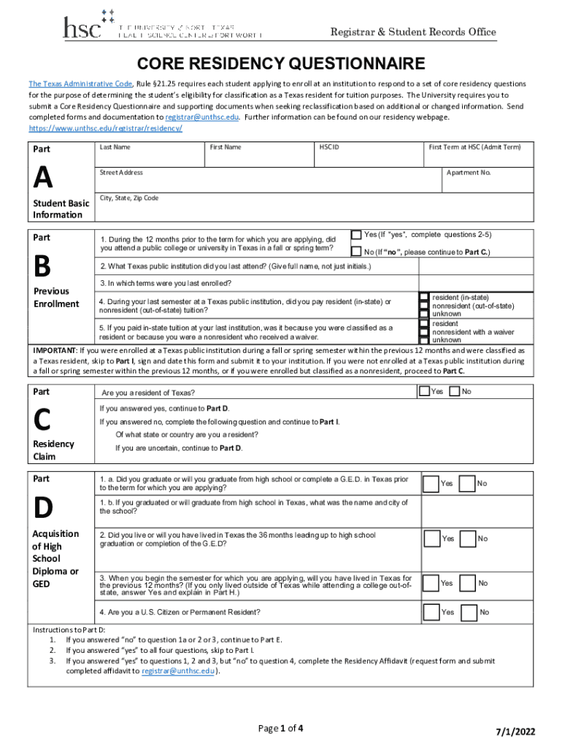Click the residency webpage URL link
(105, 128)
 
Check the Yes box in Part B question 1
(356, 235)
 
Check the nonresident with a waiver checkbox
(424, 332)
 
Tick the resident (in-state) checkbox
(424, 298)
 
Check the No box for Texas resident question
(455, 392)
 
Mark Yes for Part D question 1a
(431, 484)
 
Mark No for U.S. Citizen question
(469, 611)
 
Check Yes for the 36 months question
(431, 538)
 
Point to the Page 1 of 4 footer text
(281, 728)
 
